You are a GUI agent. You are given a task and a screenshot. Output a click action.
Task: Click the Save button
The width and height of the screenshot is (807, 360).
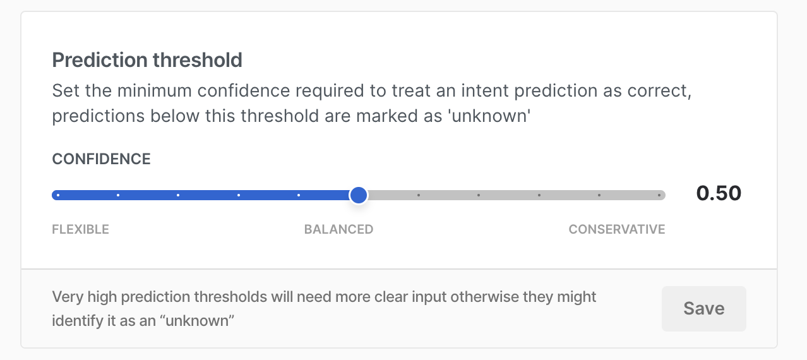(704, 309)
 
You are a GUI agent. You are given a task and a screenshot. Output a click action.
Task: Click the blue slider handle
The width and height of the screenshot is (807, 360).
(359, 195)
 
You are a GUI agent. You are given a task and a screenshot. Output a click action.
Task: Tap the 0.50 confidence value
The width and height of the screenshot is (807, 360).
(719, 193)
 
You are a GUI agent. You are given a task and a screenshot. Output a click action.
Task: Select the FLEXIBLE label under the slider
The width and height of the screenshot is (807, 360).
(80, 229)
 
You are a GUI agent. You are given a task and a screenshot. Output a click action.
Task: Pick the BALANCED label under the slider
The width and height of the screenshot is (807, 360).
(338, 229)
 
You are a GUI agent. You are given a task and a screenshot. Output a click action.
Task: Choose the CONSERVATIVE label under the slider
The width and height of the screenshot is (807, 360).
(617, 229)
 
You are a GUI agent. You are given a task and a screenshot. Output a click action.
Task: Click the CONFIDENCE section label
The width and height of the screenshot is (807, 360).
(101, 159)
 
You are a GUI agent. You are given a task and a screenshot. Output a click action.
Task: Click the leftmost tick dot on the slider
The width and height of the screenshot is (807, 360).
(58, 195)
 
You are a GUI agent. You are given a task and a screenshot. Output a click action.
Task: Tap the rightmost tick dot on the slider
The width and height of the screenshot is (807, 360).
(659, 195)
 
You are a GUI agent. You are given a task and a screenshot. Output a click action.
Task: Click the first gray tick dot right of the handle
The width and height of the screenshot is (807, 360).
(418, 195)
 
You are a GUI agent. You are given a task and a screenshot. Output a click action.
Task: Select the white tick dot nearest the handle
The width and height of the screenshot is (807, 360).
(299, 195)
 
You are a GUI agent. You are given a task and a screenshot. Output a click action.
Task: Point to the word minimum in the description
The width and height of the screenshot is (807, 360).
(154, 90)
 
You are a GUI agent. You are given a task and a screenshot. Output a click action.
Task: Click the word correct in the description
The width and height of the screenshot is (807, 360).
(659, 91)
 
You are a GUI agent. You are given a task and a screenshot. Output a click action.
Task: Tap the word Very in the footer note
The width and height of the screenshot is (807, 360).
(68, 297)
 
